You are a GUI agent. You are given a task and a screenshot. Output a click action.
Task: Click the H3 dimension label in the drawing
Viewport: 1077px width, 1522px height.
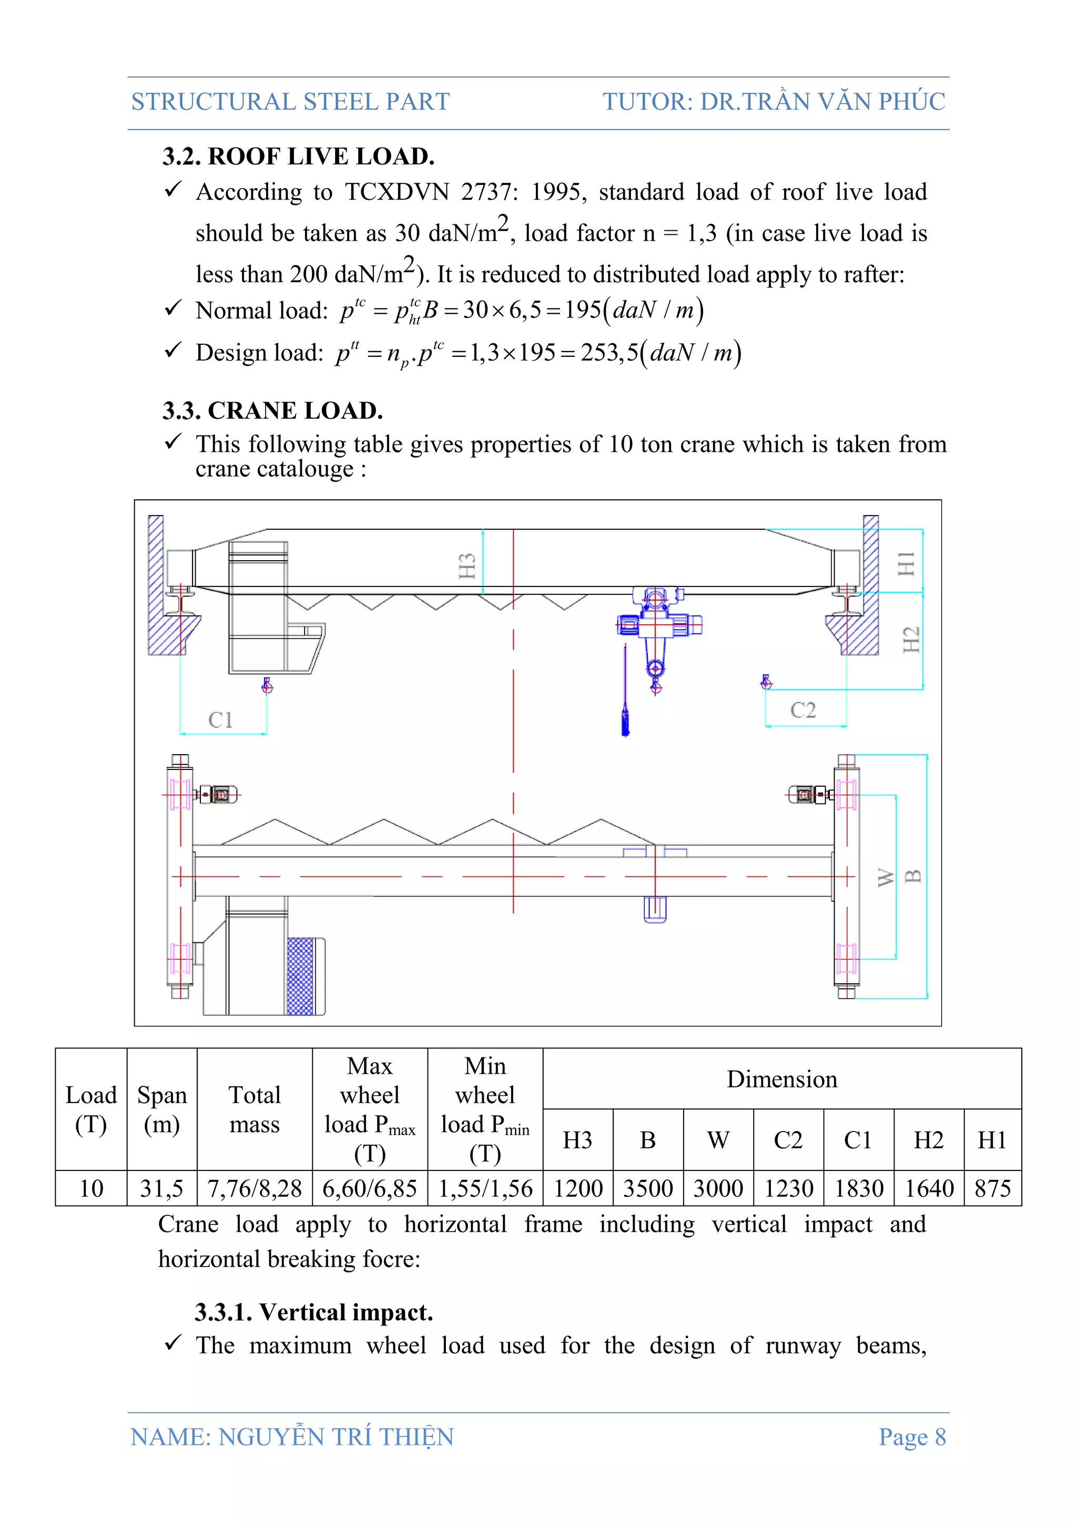coord(467,566)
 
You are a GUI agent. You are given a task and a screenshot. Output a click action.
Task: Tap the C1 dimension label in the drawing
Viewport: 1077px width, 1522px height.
coord(220,720)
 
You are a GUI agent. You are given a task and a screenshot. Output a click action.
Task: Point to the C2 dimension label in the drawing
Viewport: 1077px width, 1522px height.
coord(802,710)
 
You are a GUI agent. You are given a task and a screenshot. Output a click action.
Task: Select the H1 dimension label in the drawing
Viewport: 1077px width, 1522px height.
coord(906,563)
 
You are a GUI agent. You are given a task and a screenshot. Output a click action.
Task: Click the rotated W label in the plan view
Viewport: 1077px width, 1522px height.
coord(886,877)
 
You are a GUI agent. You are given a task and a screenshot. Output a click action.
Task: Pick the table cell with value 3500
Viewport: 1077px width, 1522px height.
coord(648,1189)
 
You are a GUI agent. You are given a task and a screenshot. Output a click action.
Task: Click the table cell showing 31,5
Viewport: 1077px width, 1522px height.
coord(162,1189)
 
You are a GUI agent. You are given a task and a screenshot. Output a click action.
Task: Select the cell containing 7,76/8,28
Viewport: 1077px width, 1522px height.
coord(255,1189)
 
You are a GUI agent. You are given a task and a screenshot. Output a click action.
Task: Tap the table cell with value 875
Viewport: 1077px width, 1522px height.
coord(992,1189)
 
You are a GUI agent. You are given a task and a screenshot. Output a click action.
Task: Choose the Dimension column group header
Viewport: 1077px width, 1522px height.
coord(782,1079)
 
